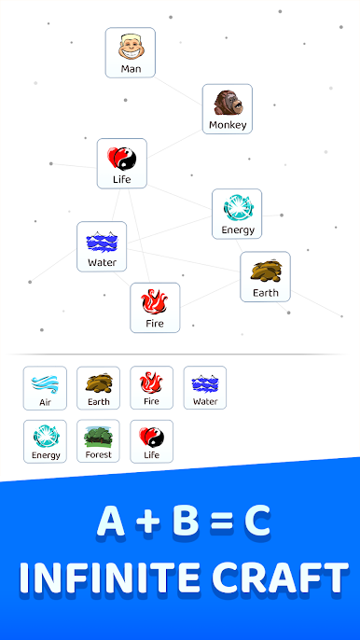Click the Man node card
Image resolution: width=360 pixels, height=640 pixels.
coord(130,52)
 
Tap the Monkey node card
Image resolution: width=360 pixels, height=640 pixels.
coord(228,109)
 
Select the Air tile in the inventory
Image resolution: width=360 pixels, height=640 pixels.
coord(45,388)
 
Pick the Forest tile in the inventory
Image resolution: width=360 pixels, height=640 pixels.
coord(98,441)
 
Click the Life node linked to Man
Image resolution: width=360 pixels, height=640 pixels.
coord(122,163)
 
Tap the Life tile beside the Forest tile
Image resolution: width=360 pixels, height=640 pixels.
coord(151,441)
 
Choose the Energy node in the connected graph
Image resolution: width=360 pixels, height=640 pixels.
coord(237,214)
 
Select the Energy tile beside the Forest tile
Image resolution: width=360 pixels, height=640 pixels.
coord(45,441)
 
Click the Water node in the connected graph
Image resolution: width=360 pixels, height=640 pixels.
coord(102,246)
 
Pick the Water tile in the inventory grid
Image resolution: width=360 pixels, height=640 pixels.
coord(204,388)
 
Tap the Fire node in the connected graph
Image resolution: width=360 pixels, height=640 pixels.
coord(155,308)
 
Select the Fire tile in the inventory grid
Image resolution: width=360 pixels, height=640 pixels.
coord(151,388)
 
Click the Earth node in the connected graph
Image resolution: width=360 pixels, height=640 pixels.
coord(265,276)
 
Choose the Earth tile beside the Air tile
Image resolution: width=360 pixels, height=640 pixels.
coord(98,388)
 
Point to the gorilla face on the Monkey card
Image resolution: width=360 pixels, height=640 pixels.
coord(228,102)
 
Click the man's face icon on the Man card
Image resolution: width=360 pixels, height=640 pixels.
coord(130,46)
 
